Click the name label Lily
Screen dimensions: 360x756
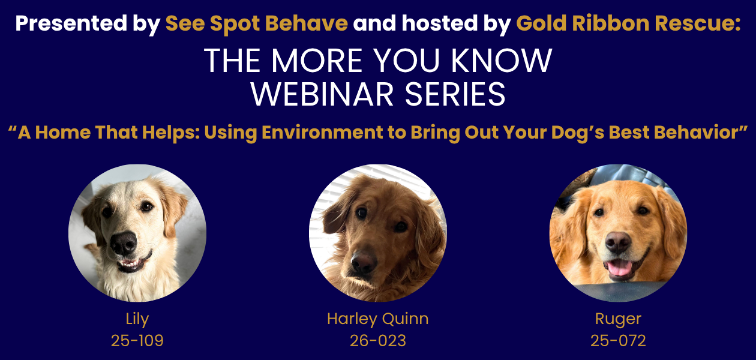(137, 319)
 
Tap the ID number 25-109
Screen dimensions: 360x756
(137, 341)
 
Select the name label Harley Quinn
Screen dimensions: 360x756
(377, 319)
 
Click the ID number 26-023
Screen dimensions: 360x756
(377, 341)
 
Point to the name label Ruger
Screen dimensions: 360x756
(618, 319)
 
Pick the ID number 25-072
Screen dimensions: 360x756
(618, 341)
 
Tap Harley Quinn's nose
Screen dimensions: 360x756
(364, 262)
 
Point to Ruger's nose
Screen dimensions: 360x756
(618, 242)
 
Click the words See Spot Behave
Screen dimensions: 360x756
(256, 24)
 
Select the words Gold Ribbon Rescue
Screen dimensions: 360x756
(628, 24)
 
